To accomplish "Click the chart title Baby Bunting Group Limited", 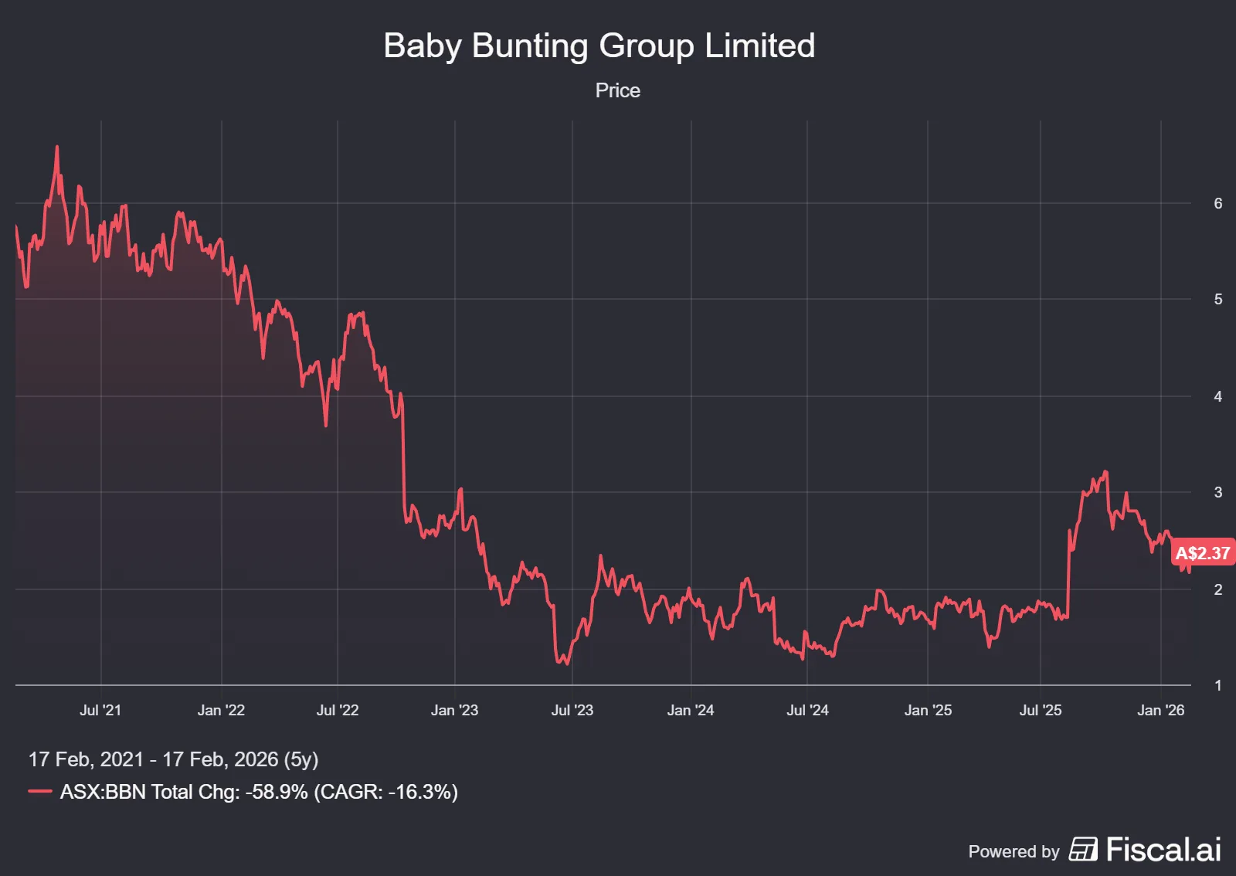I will tap(599, 46).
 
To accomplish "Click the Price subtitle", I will tap(617, 90).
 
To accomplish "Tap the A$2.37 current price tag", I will tap(1202, 553).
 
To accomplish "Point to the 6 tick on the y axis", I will tap(1218, 203).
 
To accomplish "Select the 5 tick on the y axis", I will tap(1218, 299).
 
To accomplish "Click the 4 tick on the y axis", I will tap(1218, 396).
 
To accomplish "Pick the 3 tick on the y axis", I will tap(1218, 492).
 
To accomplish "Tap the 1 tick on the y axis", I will tap(1218, 685).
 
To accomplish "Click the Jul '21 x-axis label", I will tap(100, 710).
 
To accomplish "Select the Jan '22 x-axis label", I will tap(221, 710).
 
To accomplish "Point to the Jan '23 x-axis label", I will tap(454, 710).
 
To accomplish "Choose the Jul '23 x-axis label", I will tap(572, 710).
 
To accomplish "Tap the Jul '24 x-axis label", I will tap(807, 710).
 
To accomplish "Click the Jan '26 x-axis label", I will tap(1160, 710).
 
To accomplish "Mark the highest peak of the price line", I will tap(57, 147).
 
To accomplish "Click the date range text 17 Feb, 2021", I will tap(86, 759).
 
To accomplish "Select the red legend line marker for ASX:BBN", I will tap(40, 791).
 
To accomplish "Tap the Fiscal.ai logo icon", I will tap(1083, 849).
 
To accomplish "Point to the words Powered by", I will tap(1014, 851).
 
